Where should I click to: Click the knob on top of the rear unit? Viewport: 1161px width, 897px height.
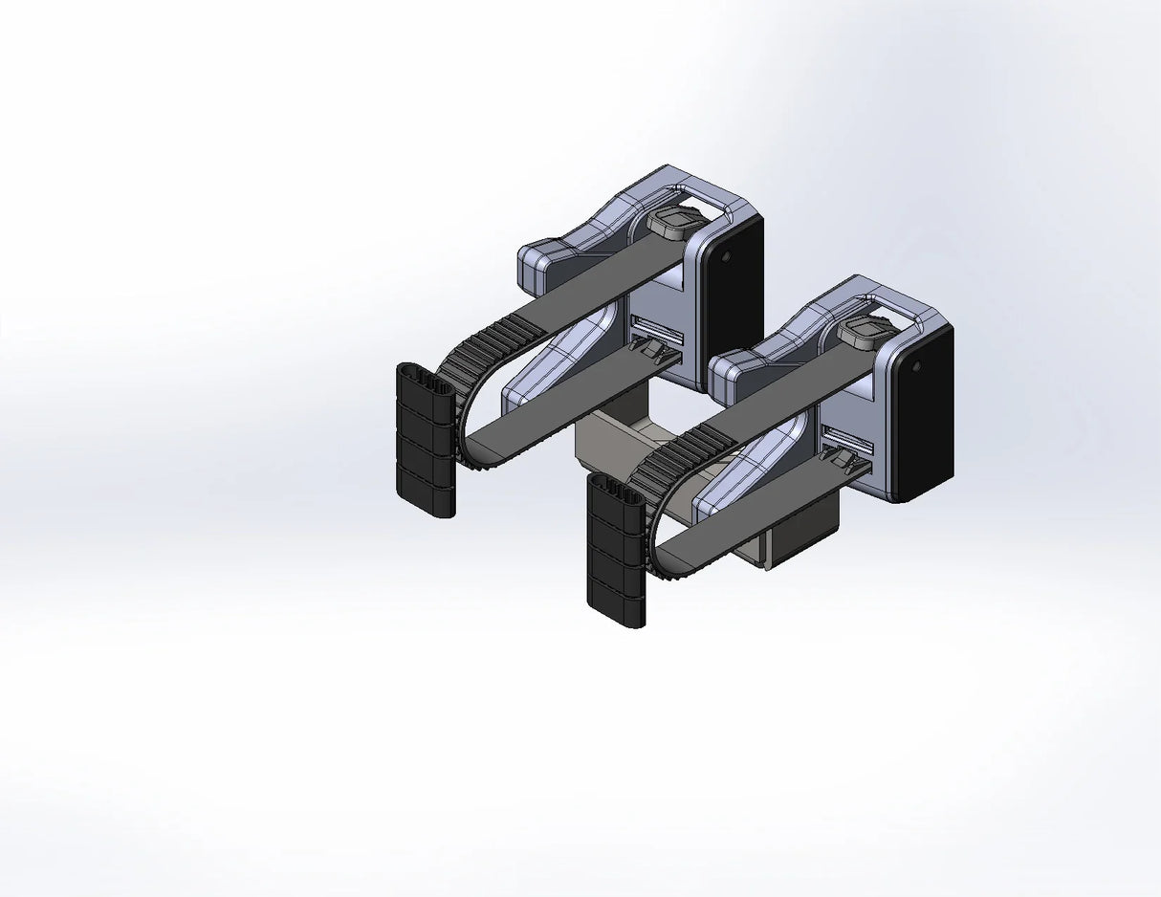pos(676,223)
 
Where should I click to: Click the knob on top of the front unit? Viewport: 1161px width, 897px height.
pos(866,333)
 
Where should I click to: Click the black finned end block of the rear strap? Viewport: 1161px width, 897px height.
pos(425,440)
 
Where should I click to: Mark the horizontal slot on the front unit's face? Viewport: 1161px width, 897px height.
pos(847,441)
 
